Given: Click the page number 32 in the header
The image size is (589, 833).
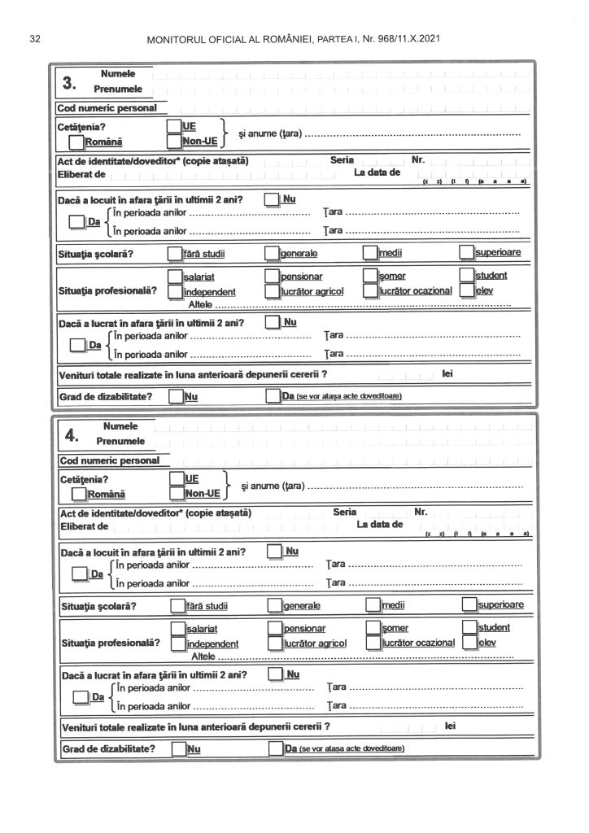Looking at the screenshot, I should pyautogui.click(x=34, y=38).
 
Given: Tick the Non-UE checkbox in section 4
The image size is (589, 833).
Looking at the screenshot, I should pyautogui.click(x=177, y=492).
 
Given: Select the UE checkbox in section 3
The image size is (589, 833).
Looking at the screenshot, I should pyautogui.click(x=173, y=126).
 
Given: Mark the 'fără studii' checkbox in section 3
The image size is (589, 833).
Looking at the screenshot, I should pyautogui.click(x=176, y=253).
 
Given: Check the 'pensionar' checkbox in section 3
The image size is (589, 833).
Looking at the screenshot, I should pyautogui.click(x=273, y=277).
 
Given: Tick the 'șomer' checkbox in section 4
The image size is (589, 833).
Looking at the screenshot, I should pyautogui.click(x=373, y=628).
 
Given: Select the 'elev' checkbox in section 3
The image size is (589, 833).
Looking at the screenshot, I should pyautogui.click(x=466, y=290).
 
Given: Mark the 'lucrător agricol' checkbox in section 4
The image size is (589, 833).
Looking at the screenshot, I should pyautogui.click(x=275, y=643).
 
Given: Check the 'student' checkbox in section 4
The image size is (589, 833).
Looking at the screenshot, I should pyautogui.click(x=469, y=627).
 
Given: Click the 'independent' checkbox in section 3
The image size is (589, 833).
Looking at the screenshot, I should pyautogui.click(x=175, y=291).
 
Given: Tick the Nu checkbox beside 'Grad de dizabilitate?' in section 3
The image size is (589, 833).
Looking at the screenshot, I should pyautogui.click(x=176, y=396).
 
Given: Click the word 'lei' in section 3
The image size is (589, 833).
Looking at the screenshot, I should pyautogui.click(x=447, y=374).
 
